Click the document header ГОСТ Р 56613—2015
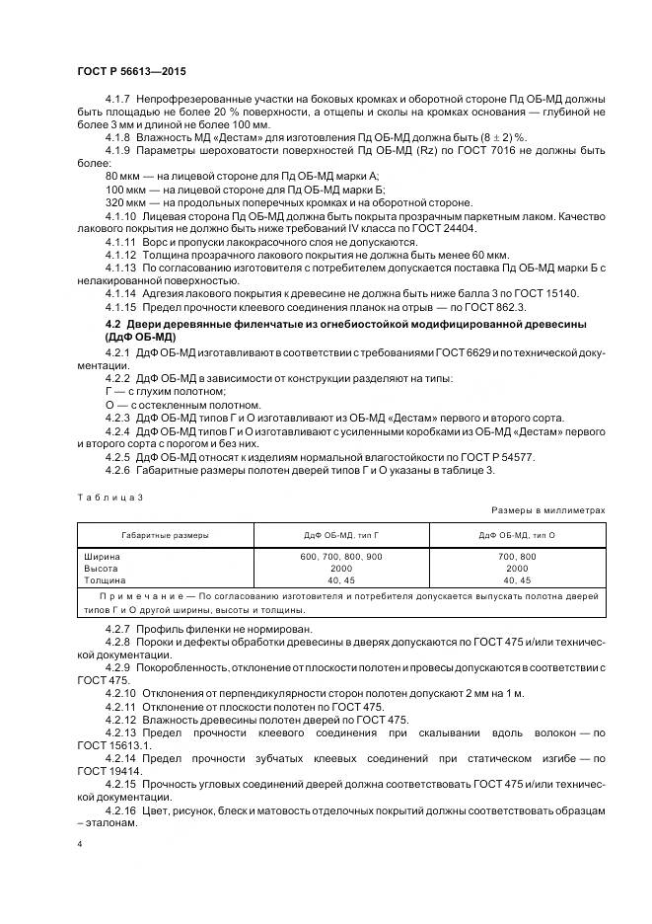coord(130,73)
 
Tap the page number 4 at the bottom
coord(80,845)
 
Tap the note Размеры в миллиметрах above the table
coord(547,510)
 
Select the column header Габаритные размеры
coord(165,534)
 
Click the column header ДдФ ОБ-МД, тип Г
coord(340,534)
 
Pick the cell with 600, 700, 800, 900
coord(340,557)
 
